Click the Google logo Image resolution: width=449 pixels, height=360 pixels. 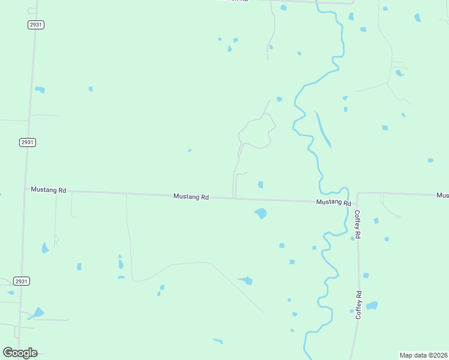(20, 353)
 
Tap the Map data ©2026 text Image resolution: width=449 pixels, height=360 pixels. (423, 355)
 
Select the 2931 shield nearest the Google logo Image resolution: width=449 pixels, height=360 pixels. (22, 281)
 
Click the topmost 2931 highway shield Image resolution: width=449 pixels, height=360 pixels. (35, 25)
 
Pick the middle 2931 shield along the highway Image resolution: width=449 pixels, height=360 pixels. (27, 142)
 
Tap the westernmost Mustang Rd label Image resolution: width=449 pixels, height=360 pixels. (49, 190)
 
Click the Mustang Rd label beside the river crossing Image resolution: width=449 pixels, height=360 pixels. (333, 203)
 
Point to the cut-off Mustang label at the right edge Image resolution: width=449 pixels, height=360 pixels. (442, 195)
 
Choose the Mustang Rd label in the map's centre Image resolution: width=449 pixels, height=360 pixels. (191, 196)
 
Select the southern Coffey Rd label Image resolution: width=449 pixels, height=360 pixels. (359, 305)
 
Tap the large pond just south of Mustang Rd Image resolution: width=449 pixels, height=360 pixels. (261, 213)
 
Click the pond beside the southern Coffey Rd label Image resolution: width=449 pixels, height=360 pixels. (372, 305)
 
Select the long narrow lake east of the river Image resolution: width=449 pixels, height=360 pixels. (322, 130)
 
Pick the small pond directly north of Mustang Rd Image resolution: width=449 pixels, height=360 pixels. (261, 185)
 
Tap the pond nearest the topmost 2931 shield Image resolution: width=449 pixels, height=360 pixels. (40, 90)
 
